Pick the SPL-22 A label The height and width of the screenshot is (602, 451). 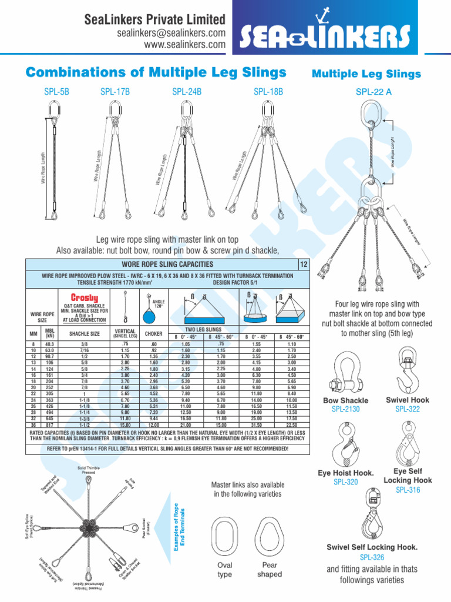pyautogui.click(x=374, y=92)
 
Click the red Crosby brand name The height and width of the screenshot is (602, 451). pyautogui.click(x=84, y=297)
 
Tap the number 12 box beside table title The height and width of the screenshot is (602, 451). pyautogui.click(x=304, y=265)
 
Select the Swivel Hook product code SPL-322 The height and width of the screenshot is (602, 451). pyautogui.click(x=408, y=409)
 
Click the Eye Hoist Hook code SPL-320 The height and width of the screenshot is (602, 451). pyautogui.click(x=345, y=481)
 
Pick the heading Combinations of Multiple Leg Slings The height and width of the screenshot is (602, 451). pyautogui.click(x=156, y=72)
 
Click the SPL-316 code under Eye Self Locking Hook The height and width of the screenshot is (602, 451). pyautogui.click(x=408, y=490)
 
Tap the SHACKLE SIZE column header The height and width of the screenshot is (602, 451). pyautogui.click(x=85, y=333)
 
